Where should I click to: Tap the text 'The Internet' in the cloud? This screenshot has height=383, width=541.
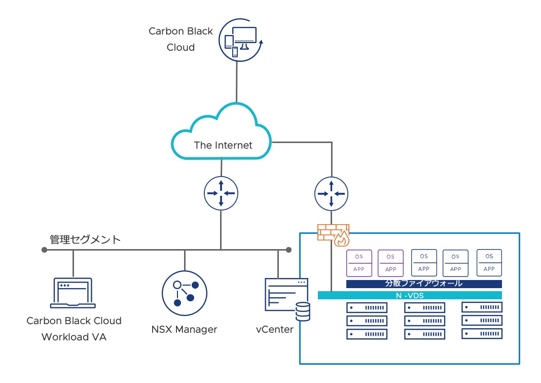pyautogui.click(x=223, y=146)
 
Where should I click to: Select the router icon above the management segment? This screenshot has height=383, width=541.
pyautogui.click(x=221, y=193)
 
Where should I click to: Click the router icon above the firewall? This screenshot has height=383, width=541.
pyautogui.click(x=331, y=193)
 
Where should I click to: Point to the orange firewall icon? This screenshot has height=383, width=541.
pyautogui.click(x=333, y=233)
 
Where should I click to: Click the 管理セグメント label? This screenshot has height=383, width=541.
pyautogui.click(x=85, y=239)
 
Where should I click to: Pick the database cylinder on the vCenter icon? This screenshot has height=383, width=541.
pyautogui.click(x=303, y=311)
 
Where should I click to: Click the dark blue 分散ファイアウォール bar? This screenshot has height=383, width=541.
pyautogui.click(x=424, y=284)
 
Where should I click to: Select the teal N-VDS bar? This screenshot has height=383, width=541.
pyautogui.click(x=410, y=295)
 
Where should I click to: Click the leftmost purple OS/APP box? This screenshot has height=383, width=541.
pyautogui.click(x=359, y=262)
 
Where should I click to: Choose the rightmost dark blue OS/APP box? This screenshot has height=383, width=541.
pyautogui.click(x=489, y=262)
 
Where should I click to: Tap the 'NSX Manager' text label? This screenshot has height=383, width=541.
pyautogui.click(x=184, y=329)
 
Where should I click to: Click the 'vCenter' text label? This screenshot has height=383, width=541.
pyautogui.click(x=274, y=329)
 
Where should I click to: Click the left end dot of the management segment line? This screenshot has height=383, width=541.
pyautogui.click(x=45, y=250)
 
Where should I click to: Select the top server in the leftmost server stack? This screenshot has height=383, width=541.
pyautogui.click(x=366, y=307)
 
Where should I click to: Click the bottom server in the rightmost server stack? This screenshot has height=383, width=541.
pyautogui.click(x=482, y=333)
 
